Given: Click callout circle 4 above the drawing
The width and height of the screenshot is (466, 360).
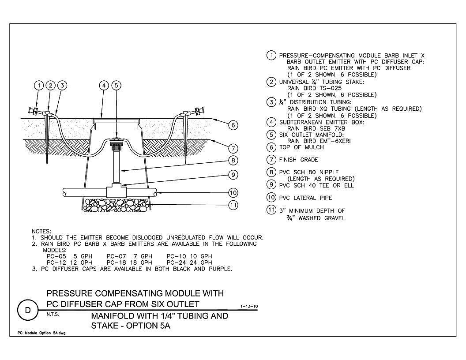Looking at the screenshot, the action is (x=104, y=86).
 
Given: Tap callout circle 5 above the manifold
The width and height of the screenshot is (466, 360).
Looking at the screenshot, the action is (x=116, y=86).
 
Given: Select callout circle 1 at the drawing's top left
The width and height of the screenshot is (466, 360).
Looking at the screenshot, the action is (x=39, y=86).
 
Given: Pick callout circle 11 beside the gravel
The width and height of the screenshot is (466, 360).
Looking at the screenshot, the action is (x=233, y=205).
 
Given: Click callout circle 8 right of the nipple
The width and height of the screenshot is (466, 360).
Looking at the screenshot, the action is (x=233, y=161).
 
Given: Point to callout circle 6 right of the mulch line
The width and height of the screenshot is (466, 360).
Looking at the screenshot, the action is (x=233, y=125).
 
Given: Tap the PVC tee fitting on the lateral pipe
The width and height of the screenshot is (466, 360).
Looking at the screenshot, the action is (x=116, y=190).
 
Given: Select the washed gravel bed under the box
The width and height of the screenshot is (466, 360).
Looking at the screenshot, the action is (x=116, y=205).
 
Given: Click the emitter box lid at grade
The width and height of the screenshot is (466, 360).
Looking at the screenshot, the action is (x=116, y=120).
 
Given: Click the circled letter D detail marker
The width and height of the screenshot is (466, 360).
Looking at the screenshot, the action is (x=28, y=311).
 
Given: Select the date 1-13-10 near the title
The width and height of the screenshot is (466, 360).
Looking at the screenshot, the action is (x=249, y=306).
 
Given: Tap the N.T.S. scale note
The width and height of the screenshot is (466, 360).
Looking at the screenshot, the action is (x=53, y=314).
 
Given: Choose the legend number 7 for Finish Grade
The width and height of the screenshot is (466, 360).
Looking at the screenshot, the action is (x=271, y=160).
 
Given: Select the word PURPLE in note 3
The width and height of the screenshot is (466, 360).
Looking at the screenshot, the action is (x=220, y=269).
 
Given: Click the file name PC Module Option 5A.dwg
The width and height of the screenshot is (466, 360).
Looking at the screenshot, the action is (x=41, y=333).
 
